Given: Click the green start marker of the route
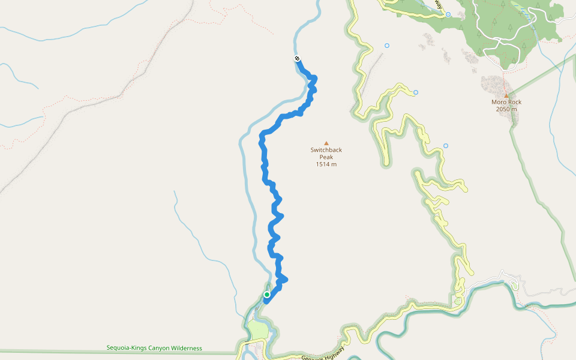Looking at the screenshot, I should click(x=267, y=295).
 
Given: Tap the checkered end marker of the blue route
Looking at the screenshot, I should click(x=297, y=58).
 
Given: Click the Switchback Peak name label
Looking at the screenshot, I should click(x=326, y=154).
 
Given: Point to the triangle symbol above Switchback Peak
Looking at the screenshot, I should click(x=326, y=143).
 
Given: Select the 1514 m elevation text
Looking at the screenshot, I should click(x=326, y=164).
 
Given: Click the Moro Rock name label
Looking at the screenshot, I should click(x=506, y=102).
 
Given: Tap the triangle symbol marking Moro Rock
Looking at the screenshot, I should click(x=506, y=95).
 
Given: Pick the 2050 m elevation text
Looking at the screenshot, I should click(x=506, y=109).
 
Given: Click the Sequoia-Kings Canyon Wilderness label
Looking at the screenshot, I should click(x=154, y=348).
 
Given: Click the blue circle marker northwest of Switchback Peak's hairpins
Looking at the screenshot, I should click(x=387, y=46).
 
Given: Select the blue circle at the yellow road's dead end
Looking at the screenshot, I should click(x=416, y=92).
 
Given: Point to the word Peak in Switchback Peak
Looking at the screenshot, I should click(x=326, y=157).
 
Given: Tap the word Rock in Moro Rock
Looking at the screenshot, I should click(x=514, y=102).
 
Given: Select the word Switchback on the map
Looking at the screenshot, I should click(x=326, y=150).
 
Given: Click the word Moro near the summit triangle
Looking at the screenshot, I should click(x=499, y=102).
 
